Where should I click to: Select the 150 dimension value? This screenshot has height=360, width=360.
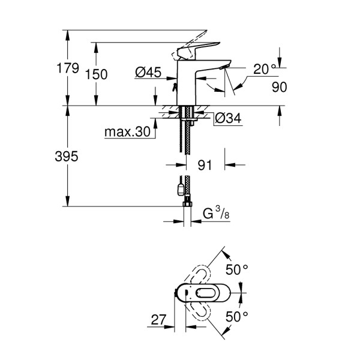[97, 74]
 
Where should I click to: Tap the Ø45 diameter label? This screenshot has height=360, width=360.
[148, 73]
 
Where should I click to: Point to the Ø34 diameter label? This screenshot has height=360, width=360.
[227, 119]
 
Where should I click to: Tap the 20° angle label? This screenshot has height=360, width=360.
[264, 69]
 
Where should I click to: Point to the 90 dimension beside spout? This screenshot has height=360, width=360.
[279, 87]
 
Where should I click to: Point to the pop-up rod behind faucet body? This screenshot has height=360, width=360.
[175, 87]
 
